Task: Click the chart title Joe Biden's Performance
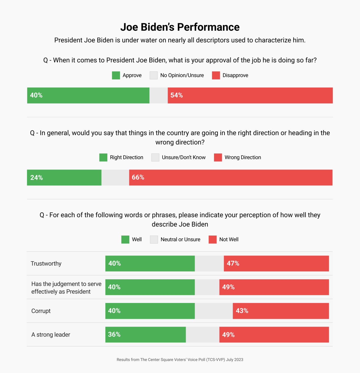[x=180, y=27]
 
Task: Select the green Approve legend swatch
[x=116, y=75]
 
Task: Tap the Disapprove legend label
[x=235, y=75]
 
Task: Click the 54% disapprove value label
[x=177, y=95]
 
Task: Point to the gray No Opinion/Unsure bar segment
[x=159, y=95]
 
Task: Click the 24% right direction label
[x=36, y=177]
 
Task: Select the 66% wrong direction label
[x=138, y=177]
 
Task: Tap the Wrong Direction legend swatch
[x=218, y=157]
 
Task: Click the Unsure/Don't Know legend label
[x=183, y=157]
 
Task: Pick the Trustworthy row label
[x=46, y=264]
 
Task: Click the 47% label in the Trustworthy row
[x=233, y=263]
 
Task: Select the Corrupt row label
[x=41, y=311]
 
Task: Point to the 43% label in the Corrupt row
[x=242, y=311]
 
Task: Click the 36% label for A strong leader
[x=114, y=334]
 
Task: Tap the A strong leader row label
[x=51, y=335]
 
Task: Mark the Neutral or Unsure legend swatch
[x=154, y=240]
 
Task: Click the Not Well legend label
[x=229, y=240]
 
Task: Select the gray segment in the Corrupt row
[x=214, y=311]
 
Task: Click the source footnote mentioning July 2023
[x=180, y=360]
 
